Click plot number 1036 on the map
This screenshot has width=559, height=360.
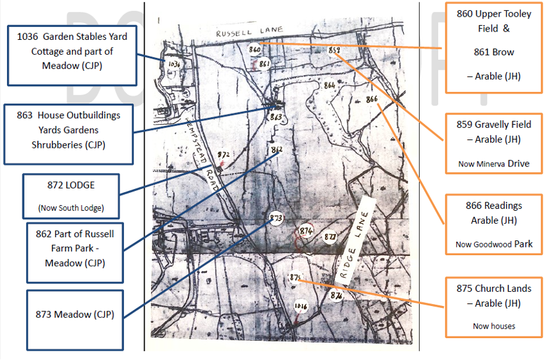pyautogui.click(x=173, y=64)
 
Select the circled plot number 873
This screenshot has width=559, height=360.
pyautogui.click(x=276, y=218)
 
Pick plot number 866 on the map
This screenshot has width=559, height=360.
pyautogui.click(x=371, y=99)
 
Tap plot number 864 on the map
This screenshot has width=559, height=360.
pyautogui.click(x=330, y=85)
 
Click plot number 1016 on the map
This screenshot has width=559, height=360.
pyautogui.click(x=301, y=307)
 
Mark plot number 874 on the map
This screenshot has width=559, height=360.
pyautogui.click(x=306, y=231)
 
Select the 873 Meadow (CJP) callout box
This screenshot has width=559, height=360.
pyautogui.click(x=75, y=314)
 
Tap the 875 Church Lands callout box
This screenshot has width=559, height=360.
pyautogui.click(x=493, y=307)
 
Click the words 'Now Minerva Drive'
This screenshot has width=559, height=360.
pyautogui.click(x=493, y=164)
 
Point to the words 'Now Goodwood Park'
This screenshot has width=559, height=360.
pyautogui.click(x=493, y=244)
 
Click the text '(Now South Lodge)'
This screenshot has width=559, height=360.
pyautogui.click(x=71, y=208)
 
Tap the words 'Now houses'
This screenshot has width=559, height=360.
pyautogui.click(x=493, y=326)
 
